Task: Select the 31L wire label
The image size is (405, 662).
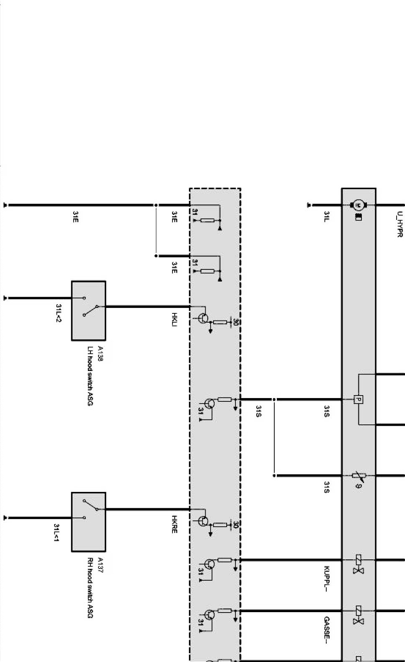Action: [327, 216]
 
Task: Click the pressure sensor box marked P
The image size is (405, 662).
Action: [358, 399]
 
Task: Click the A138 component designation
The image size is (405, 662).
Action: [100, 353]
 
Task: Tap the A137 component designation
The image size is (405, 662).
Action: [100, 564]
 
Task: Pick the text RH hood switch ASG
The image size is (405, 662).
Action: [90, 588]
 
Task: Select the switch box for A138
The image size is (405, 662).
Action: [88, 310]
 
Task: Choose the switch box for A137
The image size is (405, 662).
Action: [88, 522]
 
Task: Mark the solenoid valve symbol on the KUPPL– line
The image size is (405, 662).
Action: [359, 564]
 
